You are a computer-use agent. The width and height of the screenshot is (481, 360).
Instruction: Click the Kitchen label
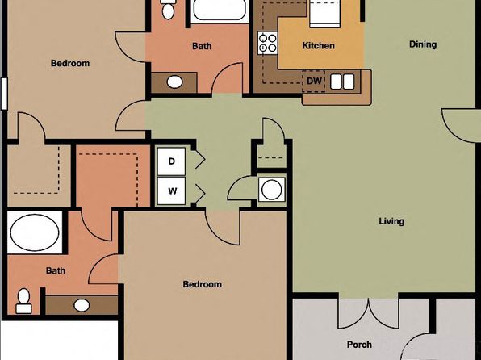[x=319, y=46]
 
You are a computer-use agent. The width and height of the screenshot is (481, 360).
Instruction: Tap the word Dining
[x=423, y=44]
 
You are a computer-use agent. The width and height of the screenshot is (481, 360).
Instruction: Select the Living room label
[x=391, y=221]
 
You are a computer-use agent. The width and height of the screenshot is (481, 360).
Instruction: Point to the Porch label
[x=359, y=345]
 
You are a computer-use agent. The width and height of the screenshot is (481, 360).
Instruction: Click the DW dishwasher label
[x=314, y=81]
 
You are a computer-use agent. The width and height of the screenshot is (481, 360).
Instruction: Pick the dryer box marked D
[x=171, y=161]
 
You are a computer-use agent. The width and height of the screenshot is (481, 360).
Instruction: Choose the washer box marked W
[x=171, y=190]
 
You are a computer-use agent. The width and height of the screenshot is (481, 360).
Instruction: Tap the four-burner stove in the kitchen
[x=267, y=43]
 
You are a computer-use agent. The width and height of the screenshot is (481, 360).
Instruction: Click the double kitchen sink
[x=342, y=82]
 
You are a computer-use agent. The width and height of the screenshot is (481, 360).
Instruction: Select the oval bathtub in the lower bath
[x=35, y=232]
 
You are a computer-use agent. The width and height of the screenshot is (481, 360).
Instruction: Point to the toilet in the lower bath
[x=23, y=301]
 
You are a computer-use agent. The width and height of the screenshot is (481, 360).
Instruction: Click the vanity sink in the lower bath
[x=82, y=305]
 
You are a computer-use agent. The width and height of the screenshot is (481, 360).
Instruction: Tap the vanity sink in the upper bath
[x=174, y=82]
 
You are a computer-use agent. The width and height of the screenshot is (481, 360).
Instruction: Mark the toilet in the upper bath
[x=168, y=10]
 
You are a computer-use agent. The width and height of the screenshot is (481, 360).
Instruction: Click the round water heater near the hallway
[x=271, y=190]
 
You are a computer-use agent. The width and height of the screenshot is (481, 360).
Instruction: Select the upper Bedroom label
[x=70, y=63]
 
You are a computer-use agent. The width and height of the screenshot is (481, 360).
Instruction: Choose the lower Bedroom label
[x=202, y=284]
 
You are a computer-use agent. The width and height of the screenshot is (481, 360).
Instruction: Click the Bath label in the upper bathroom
[x=202, y=46]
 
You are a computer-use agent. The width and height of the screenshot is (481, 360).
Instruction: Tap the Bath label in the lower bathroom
[x=56, y=270]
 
